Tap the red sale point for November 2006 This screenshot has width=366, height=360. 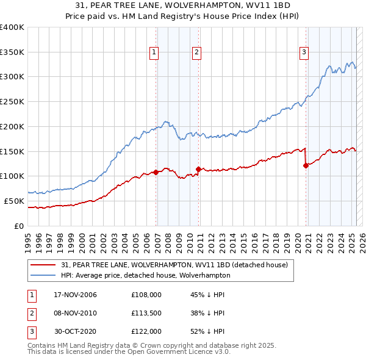[156, 172]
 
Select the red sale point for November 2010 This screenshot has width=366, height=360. [199, 169]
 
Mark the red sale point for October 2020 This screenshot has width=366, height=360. [306, 165]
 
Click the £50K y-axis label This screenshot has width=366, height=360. [14, 201]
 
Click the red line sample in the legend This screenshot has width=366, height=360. [44, 265]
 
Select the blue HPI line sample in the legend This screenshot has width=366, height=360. [44, 275]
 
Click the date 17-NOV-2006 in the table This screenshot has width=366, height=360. [76, 295]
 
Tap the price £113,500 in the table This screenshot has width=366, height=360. [146, 313]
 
